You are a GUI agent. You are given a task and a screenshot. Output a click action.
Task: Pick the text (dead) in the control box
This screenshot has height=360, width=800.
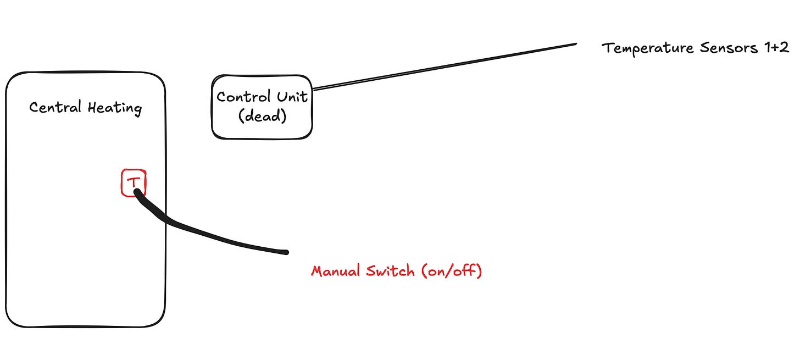262,117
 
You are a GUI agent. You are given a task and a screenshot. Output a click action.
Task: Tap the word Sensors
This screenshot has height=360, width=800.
728,48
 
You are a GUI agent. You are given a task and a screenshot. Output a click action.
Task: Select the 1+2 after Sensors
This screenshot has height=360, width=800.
776,48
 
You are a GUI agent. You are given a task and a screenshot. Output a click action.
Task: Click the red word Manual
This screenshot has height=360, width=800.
335,271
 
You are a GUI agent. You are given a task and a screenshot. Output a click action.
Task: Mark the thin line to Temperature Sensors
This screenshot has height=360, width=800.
445,66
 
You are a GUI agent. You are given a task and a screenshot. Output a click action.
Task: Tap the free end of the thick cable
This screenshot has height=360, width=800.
285,252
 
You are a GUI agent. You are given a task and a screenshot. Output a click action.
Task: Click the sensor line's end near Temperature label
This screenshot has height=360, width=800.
575,44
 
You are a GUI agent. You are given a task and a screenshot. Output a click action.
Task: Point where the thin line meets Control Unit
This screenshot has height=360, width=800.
313,88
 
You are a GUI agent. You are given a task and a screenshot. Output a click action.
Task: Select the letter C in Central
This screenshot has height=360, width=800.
34,107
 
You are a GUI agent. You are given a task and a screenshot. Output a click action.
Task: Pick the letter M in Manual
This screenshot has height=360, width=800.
316,271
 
